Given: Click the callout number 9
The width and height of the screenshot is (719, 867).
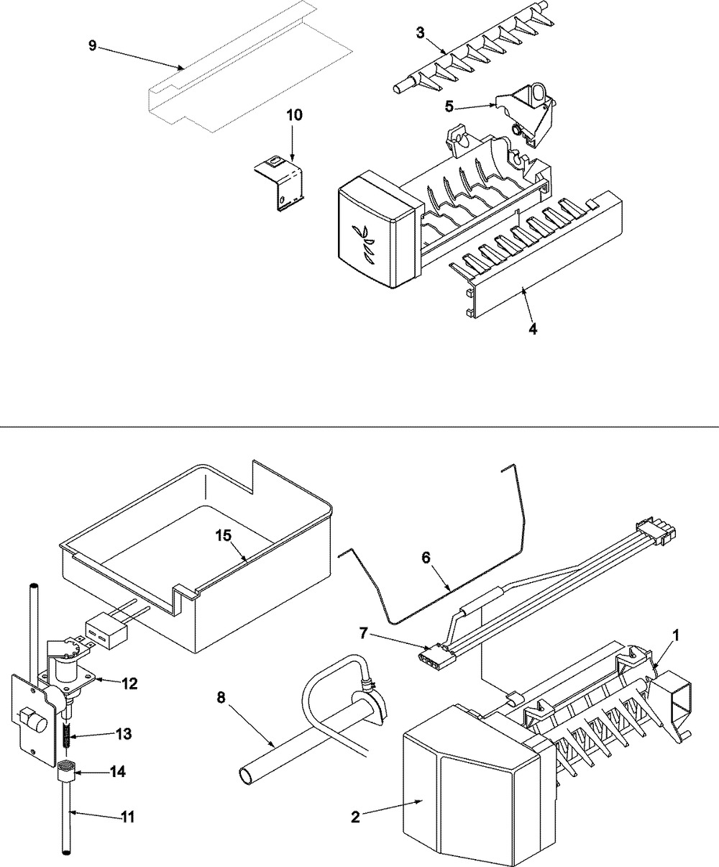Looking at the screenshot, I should click(x=92, y=45).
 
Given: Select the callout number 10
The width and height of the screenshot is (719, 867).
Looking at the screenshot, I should click(x=296, y=115).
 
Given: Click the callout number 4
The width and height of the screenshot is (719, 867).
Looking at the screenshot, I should click(x=532, y=330).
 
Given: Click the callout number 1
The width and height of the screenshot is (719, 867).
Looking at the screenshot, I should click(x=675, y=635).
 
